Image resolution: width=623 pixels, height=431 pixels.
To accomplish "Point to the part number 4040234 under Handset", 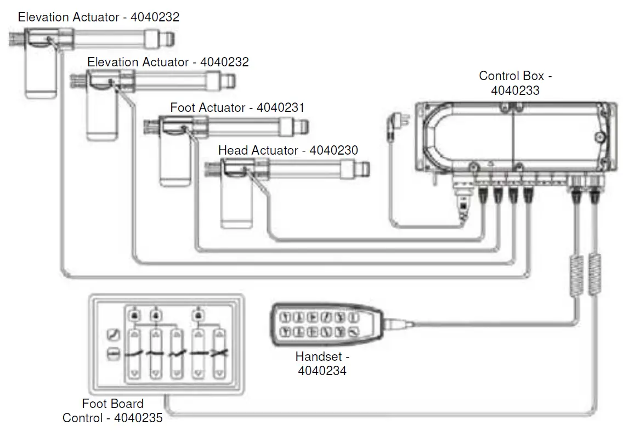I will coord(322,371).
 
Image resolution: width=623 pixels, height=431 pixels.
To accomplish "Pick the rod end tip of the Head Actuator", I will coord(364,168).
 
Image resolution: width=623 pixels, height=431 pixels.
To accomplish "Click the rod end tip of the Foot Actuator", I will coord(303,127).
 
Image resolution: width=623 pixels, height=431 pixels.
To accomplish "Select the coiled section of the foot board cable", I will coord(594,276).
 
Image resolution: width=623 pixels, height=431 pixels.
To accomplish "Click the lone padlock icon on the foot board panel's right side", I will coord(198,315).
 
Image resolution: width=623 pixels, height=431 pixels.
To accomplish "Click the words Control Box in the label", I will coord(507,76).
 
